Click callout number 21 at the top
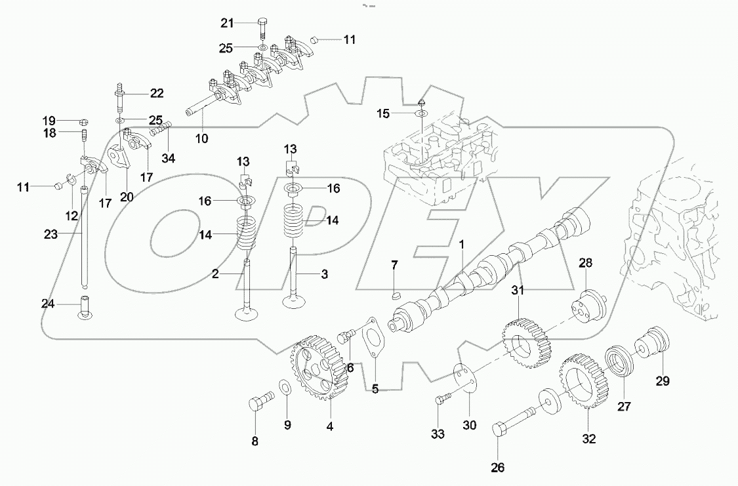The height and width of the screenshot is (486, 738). click(226, 23)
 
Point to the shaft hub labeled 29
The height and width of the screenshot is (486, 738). click(653, 344)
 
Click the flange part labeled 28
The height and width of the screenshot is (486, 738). click(587, 307)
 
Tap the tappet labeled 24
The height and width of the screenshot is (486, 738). click(85, 308)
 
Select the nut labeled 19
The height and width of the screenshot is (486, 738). click(84, 121)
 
